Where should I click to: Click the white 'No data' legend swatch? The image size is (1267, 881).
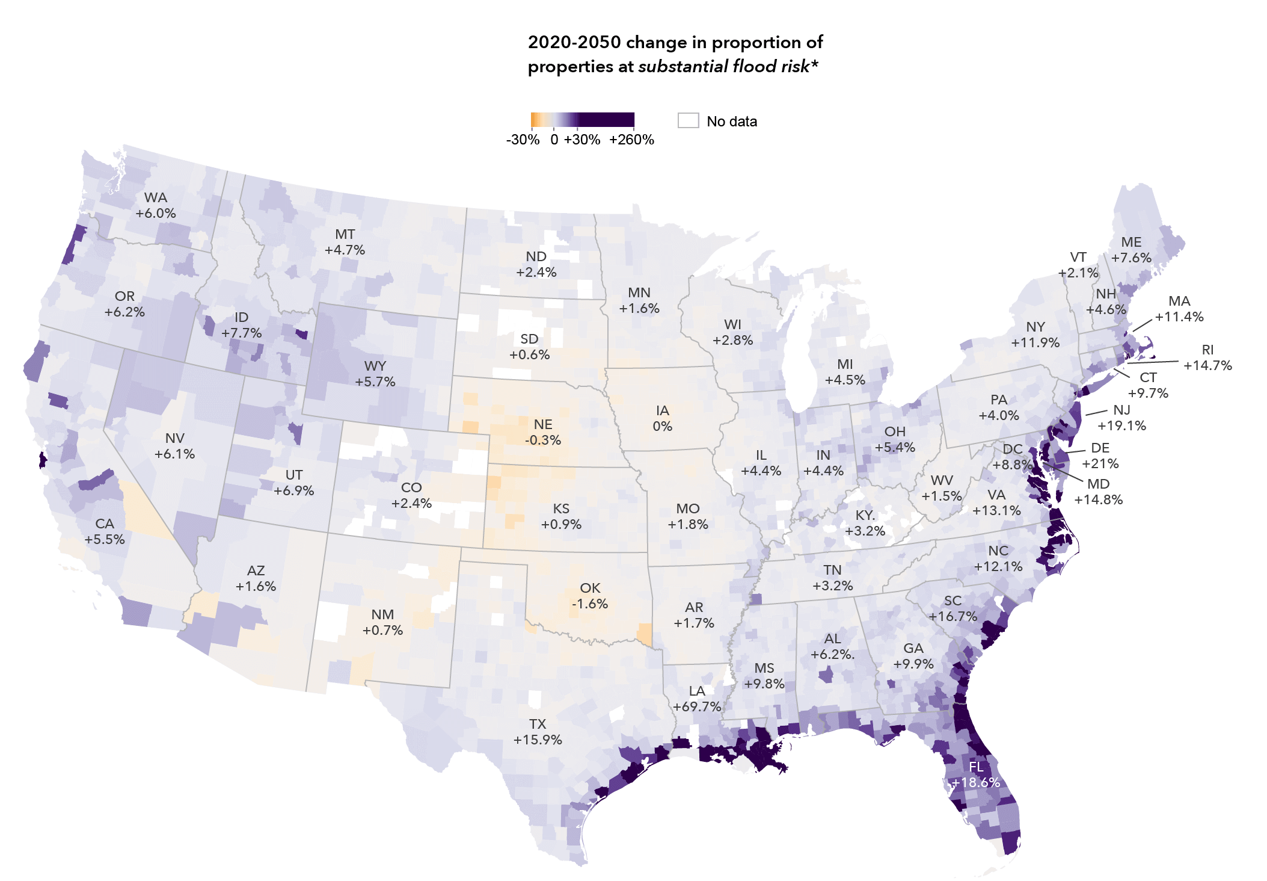pos(688,120)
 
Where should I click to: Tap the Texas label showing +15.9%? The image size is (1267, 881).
pos(538,732)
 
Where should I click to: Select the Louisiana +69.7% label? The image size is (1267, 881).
pos(697,699)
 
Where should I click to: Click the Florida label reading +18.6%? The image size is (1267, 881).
pos(976,774)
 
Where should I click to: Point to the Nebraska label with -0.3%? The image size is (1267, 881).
pos(543,432)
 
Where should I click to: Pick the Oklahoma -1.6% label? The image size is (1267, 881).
pos(590,596)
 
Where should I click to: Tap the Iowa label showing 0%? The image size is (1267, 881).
pos(662,418)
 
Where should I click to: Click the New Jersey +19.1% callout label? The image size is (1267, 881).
pos(1121,418)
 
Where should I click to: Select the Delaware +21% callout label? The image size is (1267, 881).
pos(1100,456)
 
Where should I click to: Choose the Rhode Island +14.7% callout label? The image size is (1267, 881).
pos(1207,357)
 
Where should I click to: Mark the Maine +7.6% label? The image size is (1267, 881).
pos(1131,250)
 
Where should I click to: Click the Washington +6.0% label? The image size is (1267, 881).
pos(156,205)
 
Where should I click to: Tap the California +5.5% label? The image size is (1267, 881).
pos(105,531)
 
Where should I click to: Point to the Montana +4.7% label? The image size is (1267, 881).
pos(345,242)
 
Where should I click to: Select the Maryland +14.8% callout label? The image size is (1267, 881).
pos(1098,492)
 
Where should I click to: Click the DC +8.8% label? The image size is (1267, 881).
pos(1013,457)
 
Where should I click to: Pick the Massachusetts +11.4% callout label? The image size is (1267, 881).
pos(1179,309)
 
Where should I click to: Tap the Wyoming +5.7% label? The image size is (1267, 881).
pos(375,374)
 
